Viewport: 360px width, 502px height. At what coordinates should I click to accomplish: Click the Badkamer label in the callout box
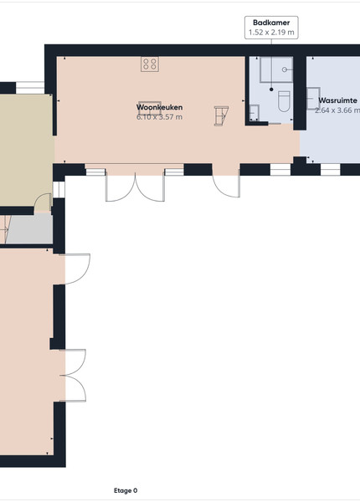coord(271,23)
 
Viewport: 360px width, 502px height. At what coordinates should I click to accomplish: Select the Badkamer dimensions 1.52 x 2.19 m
coord(271,33)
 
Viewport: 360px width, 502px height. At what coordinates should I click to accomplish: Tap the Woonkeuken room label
coord(160,107)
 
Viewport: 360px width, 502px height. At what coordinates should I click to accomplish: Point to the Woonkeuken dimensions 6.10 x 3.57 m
coord(160,117)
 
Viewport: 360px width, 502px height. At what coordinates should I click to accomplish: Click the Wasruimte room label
coord(337,100)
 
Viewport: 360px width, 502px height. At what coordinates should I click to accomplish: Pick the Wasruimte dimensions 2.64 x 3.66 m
coord(337,110)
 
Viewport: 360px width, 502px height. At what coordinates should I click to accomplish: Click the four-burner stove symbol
coord(150,64)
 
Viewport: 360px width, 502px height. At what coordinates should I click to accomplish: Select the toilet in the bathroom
coord(284,101)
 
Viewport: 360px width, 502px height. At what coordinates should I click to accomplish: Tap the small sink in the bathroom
coord(255,113)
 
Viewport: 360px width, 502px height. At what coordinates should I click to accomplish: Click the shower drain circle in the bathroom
coord(284,69)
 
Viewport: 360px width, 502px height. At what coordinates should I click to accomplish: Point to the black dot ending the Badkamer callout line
coord(271,90)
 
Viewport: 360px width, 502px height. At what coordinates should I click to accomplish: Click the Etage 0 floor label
coord(126,490)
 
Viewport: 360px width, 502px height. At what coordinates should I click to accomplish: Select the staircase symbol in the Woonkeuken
coord(221,115)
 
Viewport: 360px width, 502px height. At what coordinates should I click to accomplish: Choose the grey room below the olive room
coord(29,228)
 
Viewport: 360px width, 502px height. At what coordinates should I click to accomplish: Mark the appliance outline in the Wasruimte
coord(313,98)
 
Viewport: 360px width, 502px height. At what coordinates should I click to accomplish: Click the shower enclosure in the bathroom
coord(276,69)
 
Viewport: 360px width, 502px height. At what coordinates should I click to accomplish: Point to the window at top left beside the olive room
coord(30,87)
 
